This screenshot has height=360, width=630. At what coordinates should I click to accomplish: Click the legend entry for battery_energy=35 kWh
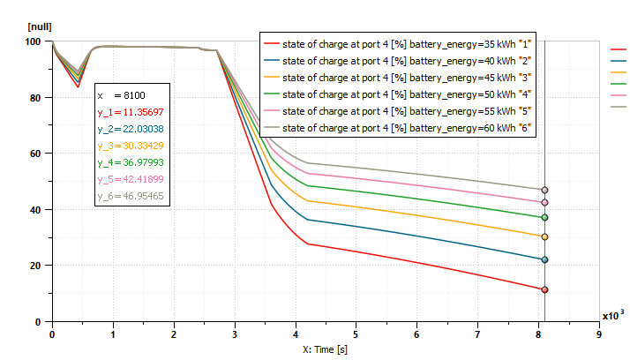[x=406, y=43]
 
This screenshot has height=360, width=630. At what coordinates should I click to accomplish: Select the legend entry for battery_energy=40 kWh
[x=406, y=60]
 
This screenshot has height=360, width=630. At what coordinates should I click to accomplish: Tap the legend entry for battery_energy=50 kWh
[x=406, y=94]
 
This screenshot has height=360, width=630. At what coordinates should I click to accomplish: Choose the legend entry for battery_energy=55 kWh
[x=406, y=111]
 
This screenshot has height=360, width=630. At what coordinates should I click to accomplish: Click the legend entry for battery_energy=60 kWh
[x=406, y=128]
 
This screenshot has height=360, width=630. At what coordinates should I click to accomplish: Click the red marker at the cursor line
[x=544, y=290]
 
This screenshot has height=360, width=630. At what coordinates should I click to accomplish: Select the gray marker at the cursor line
[x=544, y=191]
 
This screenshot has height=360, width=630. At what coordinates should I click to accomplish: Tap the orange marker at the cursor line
[x=544, y=236]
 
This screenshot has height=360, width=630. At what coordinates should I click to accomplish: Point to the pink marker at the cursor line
[x=544, y=203]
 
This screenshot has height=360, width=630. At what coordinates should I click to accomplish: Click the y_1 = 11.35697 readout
[x=130, y=112]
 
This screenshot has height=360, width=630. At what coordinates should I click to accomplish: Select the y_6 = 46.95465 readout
[x=130, y=196]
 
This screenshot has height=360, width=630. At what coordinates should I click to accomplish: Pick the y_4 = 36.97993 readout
[x=130, y=162]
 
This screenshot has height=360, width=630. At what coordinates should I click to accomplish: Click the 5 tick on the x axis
[x=356, y=335]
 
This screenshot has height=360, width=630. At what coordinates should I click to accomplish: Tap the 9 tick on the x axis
[x=598, y=335]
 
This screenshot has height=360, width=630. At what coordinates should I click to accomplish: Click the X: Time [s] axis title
[x=325, y=350]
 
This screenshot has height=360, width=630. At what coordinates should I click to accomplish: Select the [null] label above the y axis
[x=40, y=27]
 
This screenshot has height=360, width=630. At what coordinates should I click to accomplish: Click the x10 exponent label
[x=611, y=315]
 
